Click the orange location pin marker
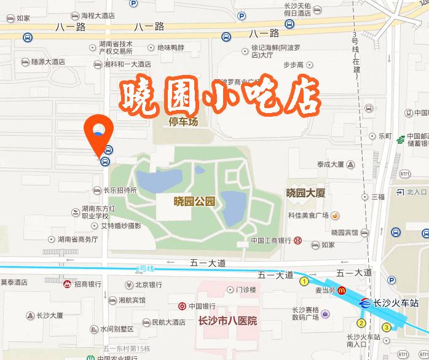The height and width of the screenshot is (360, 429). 98,130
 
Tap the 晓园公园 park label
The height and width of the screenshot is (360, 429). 195,201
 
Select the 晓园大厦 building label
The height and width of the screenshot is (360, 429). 305,193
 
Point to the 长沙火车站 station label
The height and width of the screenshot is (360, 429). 396,303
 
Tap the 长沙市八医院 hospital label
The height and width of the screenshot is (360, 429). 227,321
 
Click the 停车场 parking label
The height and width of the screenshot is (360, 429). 184,122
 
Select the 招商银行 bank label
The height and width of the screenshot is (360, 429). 87,284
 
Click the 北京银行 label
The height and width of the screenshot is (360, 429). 148,284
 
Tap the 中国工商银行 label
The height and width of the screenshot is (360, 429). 271,240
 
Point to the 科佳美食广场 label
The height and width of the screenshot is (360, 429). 309,216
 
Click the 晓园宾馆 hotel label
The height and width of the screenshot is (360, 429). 344,232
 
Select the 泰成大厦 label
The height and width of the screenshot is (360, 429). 331,164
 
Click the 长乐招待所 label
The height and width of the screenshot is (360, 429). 120,190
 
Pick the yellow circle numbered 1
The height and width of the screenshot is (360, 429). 304,281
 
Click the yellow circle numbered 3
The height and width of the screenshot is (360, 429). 387,327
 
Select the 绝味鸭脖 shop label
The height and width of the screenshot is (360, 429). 171,47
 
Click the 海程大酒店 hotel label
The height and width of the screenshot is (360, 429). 98,15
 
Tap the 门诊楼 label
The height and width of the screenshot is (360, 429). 245,289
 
